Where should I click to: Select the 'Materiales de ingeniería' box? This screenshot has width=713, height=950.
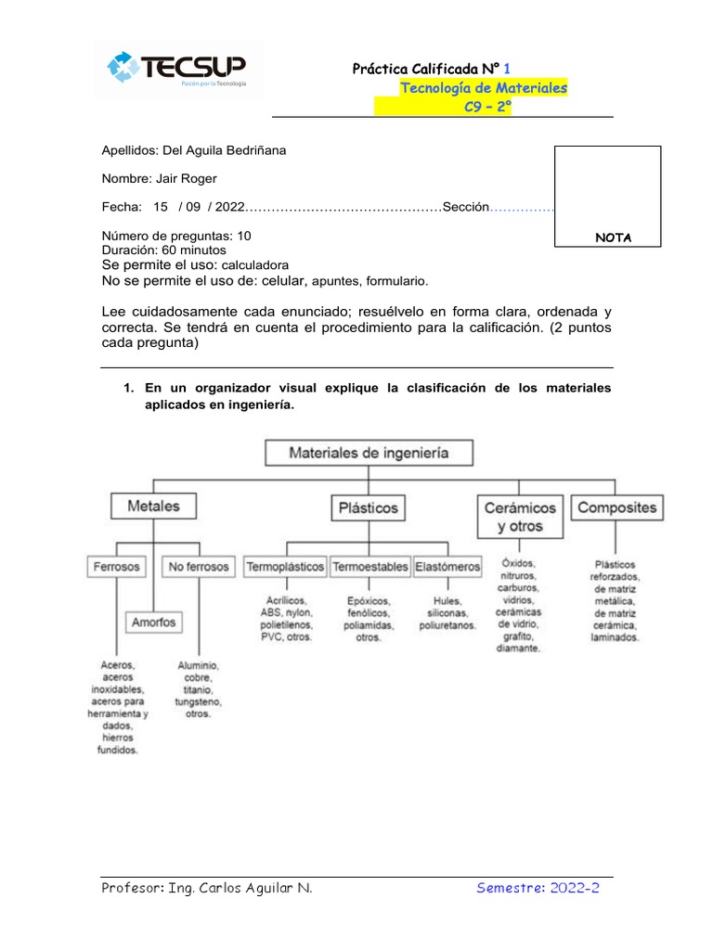(x=369, y=453)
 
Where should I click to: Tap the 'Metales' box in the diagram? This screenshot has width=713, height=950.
(x=153, y=507)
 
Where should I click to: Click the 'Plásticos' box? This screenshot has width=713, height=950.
(x=368, y=507)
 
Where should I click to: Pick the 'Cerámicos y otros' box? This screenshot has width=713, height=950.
(x=520, y=517)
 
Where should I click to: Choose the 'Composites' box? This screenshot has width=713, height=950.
(x=616, y=507)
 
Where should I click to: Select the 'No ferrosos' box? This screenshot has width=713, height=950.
(x=199, y=566)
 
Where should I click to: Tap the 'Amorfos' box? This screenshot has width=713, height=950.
(x=153, y=622)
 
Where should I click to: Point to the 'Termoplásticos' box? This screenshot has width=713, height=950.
(x=285, y=566)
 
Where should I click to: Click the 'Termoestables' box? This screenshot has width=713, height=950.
(x=369, y=566)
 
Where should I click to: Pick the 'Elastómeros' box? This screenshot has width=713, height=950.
(x=447, y=566)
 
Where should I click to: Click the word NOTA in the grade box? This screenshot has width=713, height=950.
(x=613, y=237)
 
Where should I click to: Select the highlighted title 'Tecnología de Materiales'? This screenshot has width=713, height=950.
(x=483, y=88)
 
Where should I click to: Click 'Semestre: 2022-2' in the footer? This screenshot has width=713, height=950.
(x=538, y=888)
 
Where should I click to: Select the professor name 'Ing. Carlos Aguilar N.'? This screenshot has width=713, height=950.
(x=240, y=888)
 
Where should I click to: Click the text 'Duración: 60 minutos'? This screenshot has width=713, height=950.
(x=162, y=250)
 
